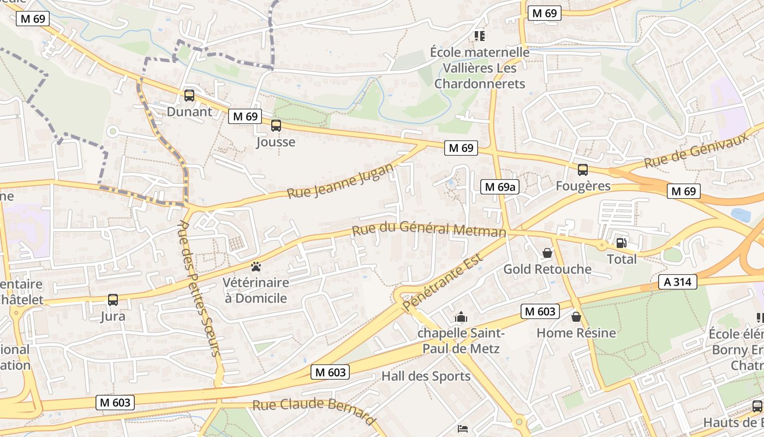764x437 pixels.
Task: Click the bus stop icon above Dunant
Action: (x=189, y=95)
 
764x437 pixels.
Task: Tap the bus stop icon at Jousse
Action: (x=276, y=126)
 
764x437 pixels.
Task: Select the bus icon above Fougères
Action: (x=583, y=169)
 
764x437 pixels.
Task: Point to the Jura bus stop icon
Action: (x=112, y=299)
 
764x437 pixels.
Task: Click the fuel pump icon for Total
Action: (x=621, y=243)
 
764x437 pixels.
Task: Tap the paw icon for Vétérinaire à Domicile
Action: (x=255, y=267)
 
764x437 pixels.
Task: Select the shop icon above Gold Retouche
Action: (x=547, y=253)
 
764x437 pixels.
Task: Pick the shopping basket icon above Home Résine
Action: (x=576, y=317)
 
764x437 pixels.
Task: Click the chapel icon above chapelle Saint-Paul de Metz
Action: (x=461, y=317)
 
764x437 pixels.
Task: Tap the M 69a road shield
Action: (x=499, y=187)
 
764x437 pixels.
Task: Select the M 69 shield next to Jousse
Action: (x=244, y=116)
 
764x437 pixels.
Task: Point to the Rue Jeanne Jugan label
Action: (x=339, y=181)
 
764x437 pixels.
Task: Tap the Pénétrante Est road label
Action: (x=443, y=282)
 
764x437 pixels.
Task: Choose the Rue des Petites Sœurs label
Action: (x=200, y=288)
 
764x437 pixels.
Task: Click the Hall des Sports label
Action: (x=426, y=376)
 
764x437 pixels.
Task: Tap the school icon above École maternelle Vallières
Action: (x=479, y=36)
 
